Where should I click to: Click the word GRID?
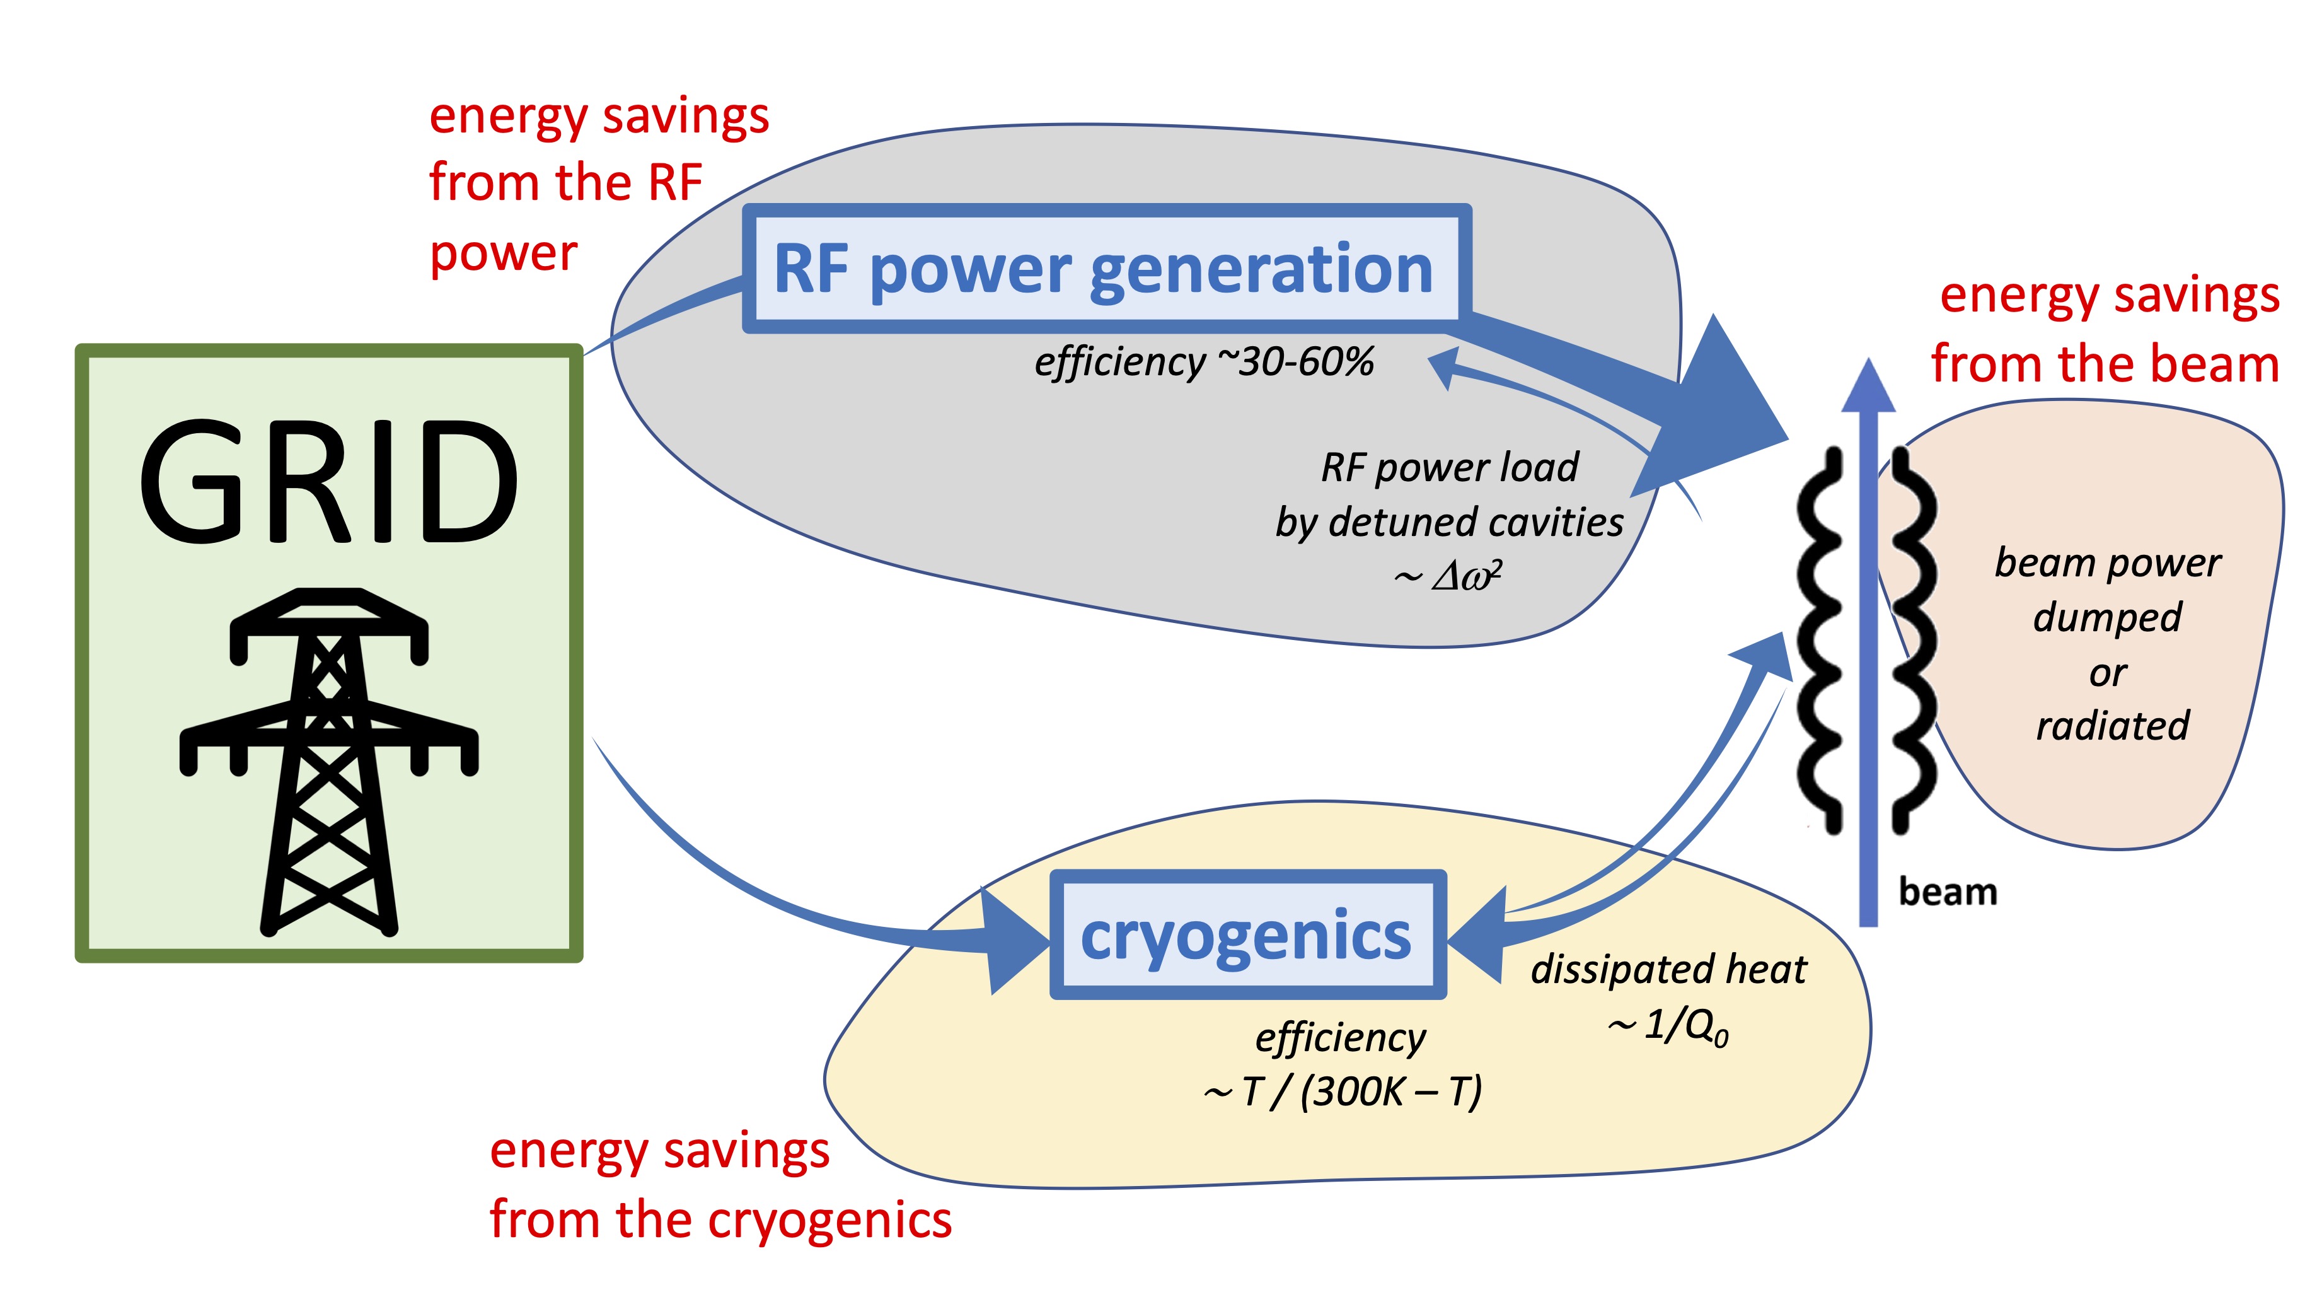[328, 484]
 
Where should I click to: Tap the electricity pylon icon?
[328, 761]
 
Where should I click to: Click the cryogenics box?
[1247, 934]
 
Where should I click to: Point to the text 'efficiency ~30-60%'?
[1203, 363]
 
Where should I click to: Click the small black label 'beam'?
[1947, 892]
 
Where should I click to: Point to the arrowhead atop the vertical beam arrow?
[1868, 387]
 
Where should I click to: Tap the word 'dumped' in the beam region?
[2107, 618]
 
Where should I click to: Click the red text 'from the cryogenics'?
[720, 1220]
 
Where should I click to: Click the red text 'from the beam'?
[2105, 364]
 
